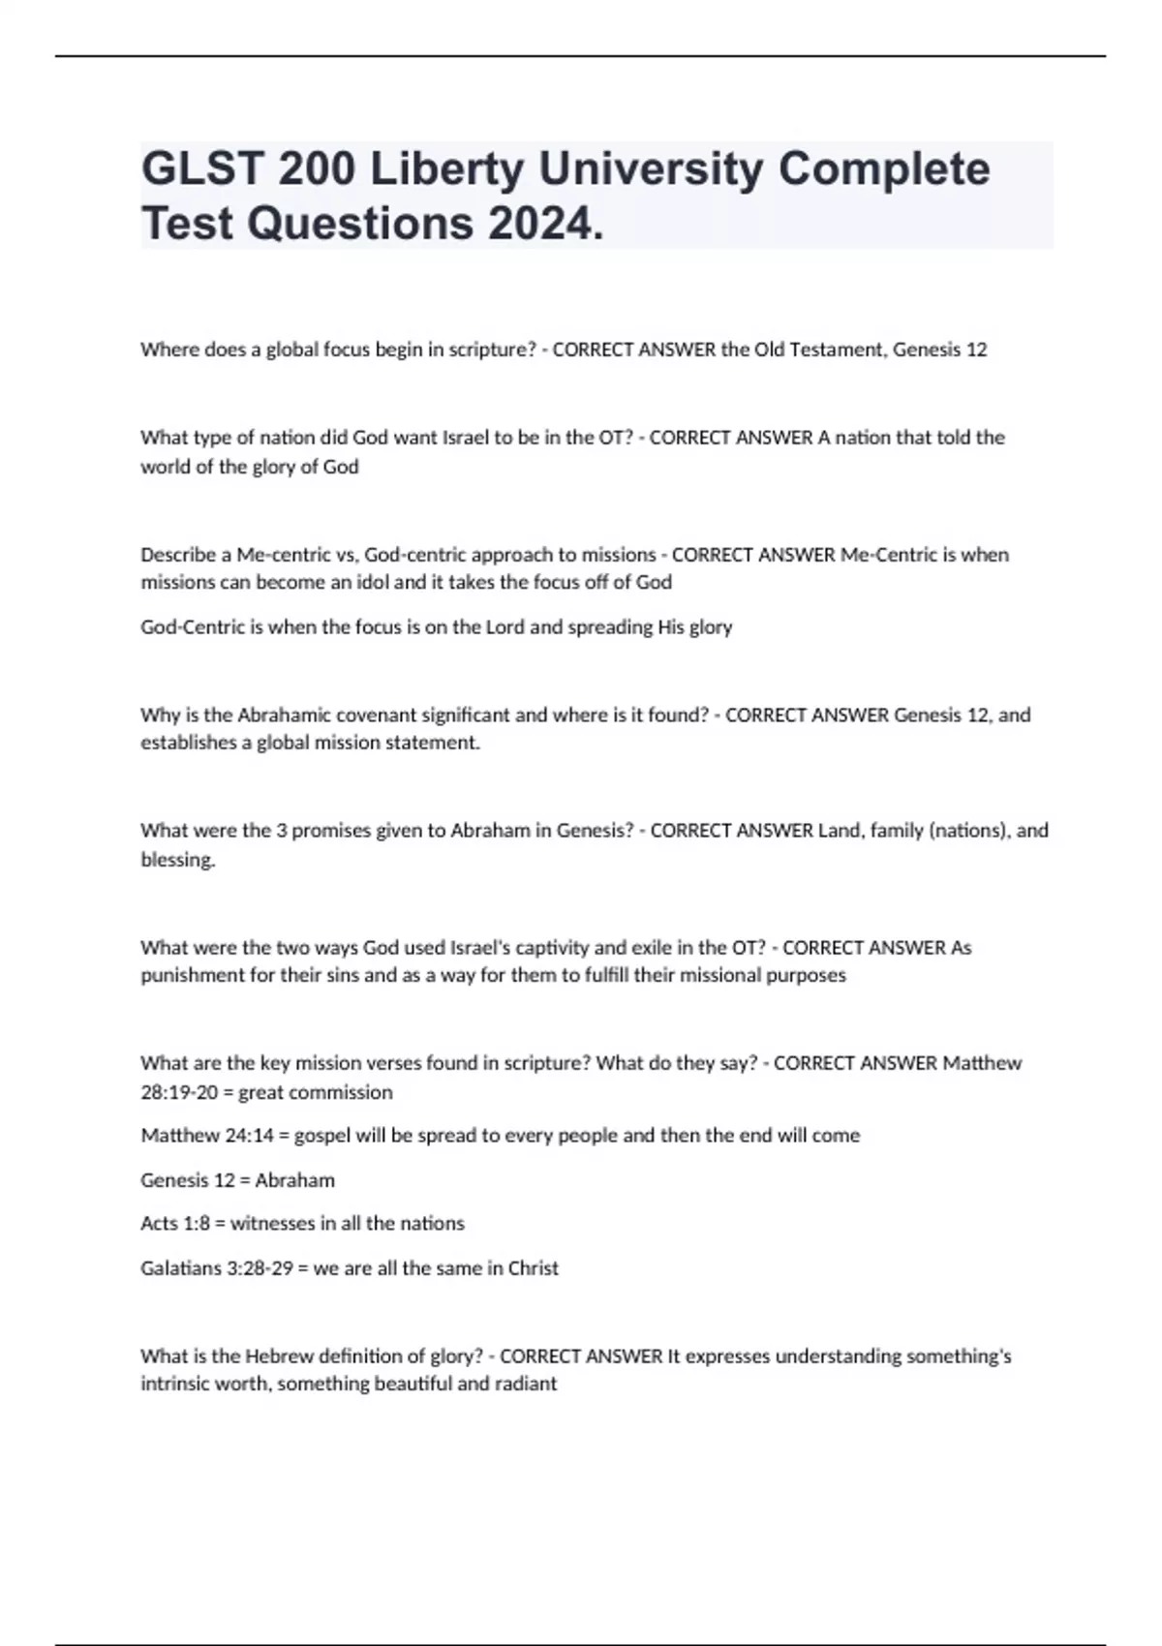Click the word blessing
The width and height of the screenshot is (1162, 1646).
click(177, 860)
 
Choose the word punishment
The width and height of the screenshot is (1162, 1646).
click(194, 975)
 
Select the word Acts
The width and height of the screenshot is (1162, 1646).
click(159, 1223)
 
